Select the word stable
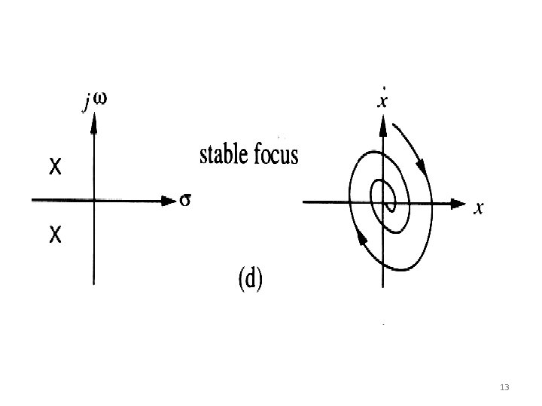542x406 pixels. pyautogui.click(x=224, y=156)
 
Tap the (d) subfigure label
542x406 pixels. pyautogui.click(x=249, y=280)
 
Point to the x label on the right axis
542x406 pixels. pyautogui.click(x=477, y=209)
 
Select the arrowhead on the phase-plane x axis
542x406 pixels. pyautogui.click(x=457, y=203)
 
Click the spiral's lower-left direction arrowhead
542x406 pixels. pyautogui.click(x=362, y=238)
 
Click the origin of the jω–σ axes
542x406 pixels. pyautogui.click(x=93, y=200)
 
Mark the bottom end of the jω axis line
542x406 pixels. pyautogui.click(x=93, y=283)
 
